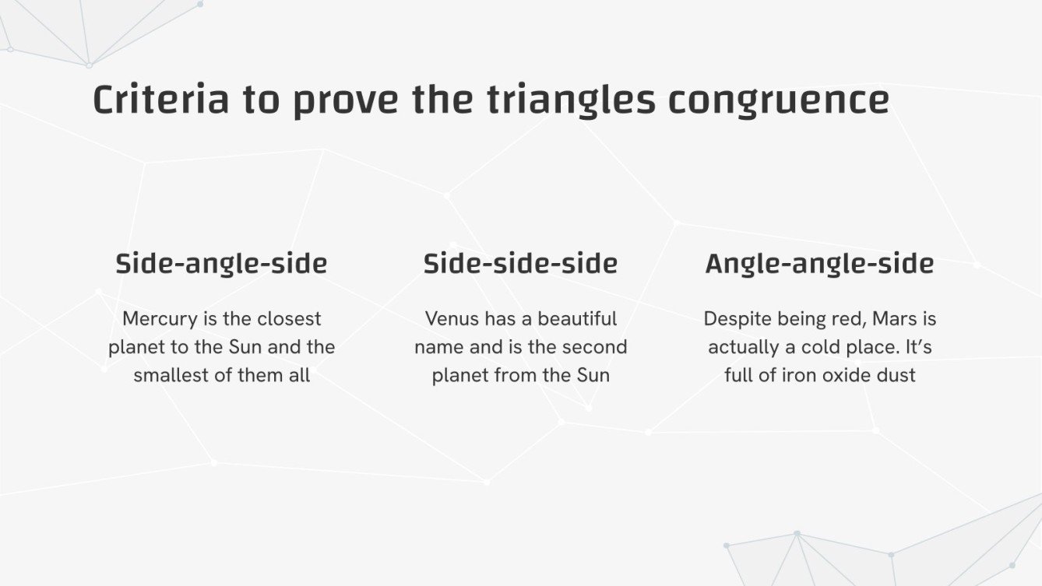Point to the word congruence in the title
pyautogui.click(x=778, y=100)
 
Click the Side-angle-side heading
pyautogui.click(x=221, y=264)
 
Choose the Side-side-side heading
pyautogui.click(x=520, y=264)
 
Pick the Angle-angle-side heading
pyautogui.click(x=819, y=264)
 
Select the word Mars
pyautogui.click(x=894, y=319)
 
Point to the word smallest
pyautogui.click(x=171, y=375)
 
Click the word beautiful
pyautogui.click(x=577, y=319)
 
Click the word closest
pyautogui.click(x=289, y=319)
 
